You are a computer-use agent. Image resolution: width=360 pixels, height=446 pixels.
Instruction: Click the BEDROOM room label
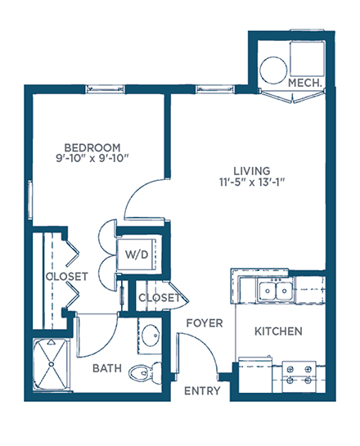coord(92,147)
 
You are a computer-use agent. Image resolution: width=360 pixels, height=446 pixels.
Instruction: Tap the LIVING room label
coord(252,171)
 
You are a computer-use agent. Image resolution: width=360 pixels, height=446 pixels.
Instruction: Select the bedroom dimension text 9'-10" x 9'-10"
coord(92,158)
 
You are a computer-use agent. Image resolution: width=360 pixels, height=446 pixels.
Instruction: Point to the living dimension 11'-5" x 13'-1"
coord(252,182)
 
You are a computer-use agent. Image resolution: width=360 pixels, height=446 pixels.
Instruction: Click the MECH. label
coord(305,83)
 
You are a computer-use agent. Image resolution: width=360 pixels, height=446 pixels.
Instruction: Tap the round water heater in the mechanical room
coord(273,70)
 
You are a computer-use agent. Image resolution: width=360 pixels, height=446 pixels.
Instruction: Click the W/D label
coord(137,255)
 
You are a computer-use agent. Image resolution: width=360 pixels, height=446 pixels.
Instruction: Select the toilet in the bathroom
coord(145,372)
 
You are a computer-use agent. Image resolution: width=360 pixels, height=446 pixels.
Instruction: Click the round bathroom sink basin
coord(151,336)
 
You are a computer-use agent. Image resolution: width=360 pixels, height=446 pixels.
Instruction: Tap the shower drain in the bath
coord(52,364)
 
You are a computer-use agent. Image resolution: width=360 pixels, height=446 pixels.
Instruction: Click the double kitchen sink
coord(276,291)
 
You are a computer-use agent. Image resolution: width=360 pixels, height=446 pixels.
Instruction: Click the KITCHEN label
coord(278,331)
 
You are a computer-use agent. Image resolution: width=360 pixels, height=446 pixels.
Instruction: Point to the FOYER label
coord(205,323)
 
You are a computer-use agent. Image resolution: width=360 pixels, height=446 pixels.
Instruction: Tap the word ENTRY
coord(202,391)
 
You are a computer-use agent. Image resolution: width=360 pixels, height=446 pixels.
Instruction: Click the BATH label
coord(107,368)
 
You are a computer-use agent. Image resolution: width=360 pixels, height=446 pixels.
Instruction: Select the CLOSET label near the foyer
coord(160,298)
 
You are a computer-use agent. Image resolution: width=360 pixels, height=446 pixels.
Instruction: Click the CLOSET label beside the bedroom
coord(67,277)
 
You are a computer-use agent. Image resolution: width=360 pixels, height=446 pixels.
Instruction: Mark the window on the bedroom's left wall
coord(29,200)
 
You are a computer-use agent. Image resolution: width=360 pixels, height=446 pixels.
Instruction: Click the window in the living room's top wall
coord(215,89)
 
